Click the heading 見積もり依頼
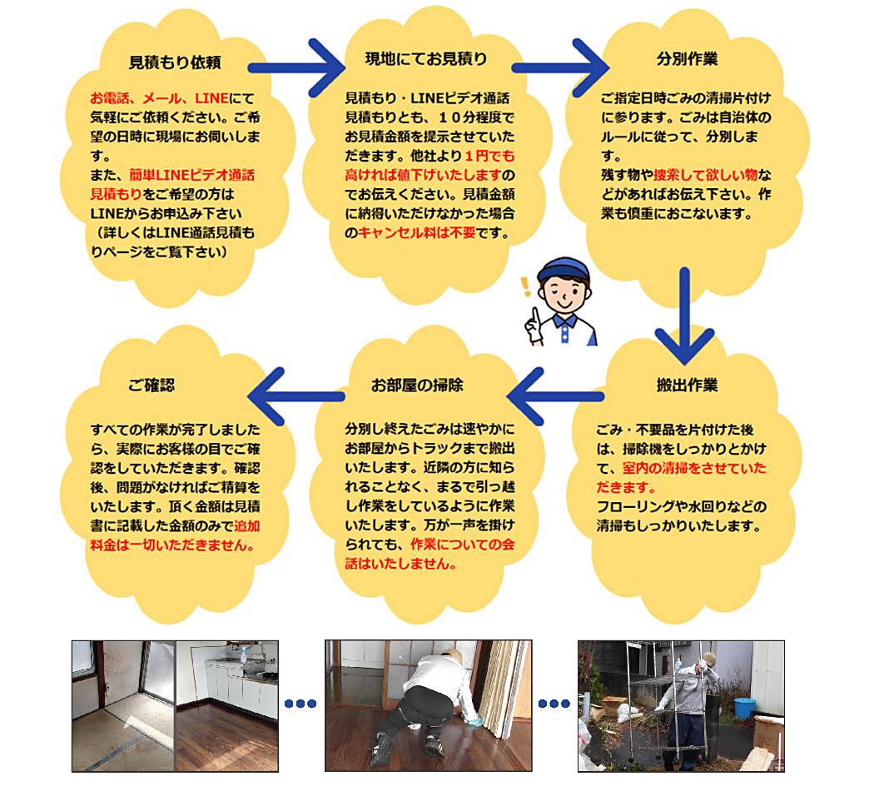(x=175, y=62)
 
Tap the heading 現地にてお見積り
(x=426, y=58)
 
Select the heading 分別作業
(x=687, y=58)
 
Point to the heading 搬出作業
(x=687, y=385)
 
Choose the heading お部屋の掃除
(x=417, y=385)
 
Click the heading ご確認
(x=151, y=385)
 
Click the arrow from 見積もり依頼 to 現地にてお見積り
(x=296, y=68)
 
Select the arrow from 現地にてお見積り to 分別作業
(x=560, y=68)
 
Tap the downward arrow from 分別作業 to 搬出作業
(x=684, y=316)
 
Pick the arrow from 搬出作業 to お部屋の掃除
(x=556, y=396)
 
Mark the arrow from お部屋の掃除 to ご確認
(x=296, y=396)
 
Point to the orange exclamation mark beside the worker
(x=524, y=286)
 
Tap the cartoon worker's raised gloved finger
(x=536, y=319)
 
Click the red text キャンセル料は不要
(x=417, y=233)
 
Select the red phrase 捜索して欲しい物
(x=705, y=175)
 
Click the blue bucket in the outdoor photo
(x=744, y=708)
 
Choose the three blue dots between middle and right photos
(x=554, y=704)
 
